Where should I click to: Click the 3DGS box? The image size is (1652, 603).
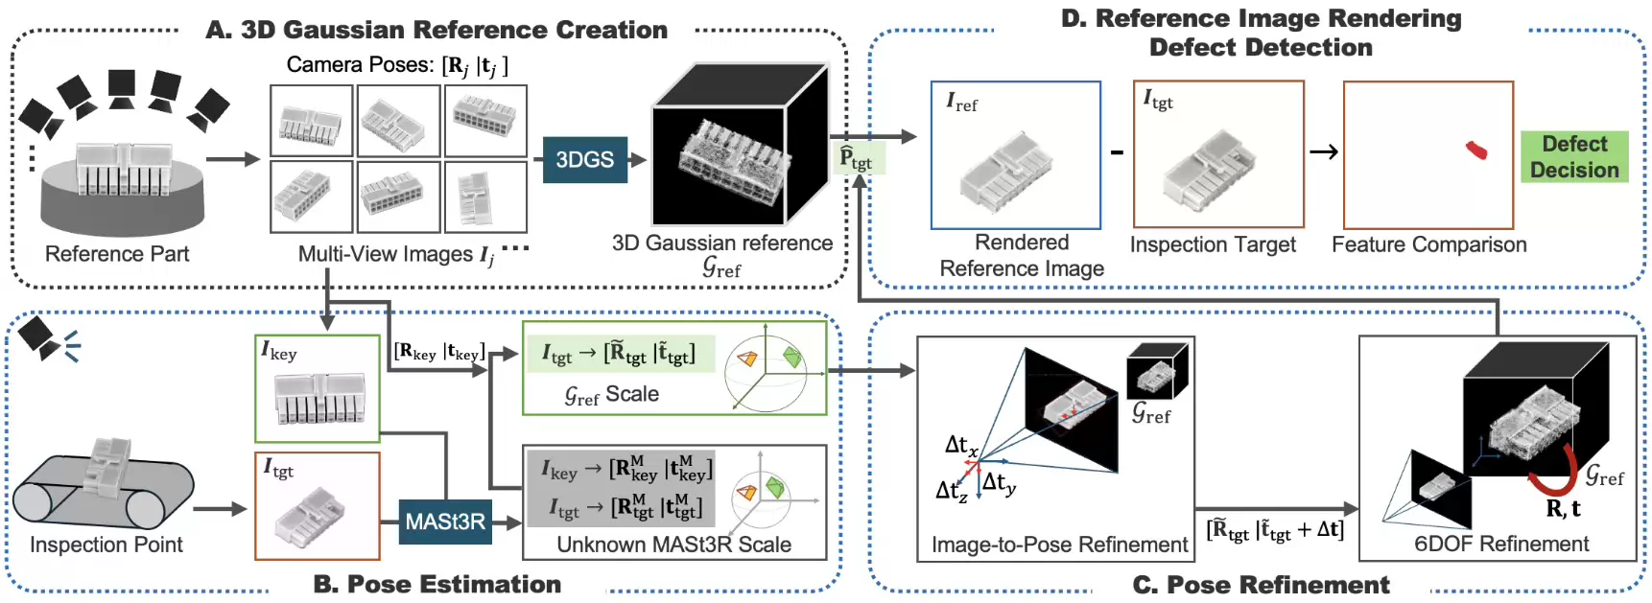tap(584, 159)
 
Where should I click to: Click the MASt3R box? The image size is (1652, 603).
tap(445, 522)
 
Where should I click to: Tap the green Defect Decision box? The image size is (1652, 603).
tap(1573, 157)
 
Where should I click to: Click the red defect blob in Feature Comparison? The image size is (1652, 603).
tap(1476, 150)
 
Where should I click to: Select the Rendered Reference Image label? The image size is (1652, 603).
tap(1022, 256)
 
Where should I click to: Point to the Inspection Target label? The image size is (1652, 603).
tap(1213, 245)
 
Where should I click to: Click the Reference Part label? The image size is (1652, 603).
tap(117, 254)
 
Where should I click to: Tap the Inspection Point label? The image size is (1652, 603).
tap(106, 545)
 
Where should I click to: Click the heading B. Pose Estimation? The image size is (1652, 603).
tap(437, 584)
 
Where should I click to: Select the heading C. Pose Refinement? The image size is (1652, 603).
tap(1261, 585)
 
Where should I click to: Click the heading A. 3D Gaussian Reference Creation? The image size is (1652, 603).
tap(437, 30)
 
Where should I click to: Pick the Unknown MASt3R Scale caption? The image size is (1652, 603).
tap(673, 545)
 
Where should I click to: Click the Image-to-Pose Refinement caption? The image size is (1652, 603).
tap(1059, 545)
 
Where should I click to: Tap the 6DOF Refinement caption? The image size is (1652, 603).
tap(1501, 544)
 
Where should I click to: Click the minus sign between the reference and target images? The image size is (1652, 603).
tap(1117, 151)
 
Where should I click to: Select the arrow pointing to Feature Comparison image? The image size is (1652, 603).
tap(1324, 151)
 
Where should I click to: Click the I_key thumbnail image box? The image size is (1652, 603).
tap(318, 388)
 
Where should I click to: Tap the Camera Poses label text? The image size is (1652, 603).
tap(397, 65)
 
